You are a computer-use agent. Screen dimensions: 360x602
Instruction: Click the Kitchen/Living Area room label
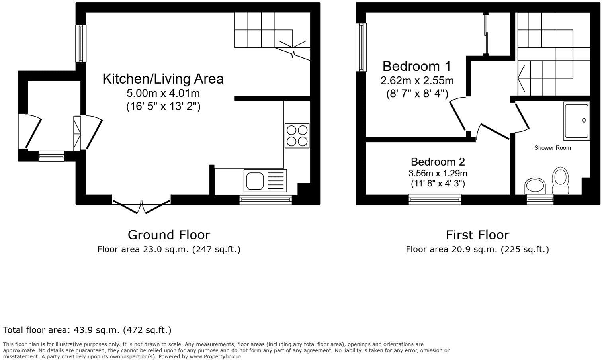tap(163, 79)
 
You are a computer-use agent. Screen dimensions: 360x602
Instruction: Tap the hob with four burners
tap(297, 136)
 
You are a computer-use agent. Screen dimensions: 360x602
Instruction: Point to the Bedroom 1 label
tap(417, 66)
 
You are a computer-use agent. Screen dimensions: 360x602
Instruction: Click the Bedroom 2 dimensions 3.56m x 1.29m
tap(438, 173)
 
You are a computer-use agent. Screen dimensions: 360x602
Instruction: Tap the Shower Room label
tap(552, 148)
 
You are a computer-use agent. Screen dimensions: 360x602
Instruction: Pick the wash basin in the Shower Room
tap(536, 186)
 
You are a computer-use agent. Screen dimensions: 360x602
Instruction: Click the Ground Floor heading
tap(169, 235)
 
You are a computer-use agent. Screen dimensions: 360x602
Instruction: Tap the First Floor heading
tap(477, 235)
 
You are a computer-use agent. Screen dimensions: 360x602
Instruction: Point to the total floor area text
tap(87, 330)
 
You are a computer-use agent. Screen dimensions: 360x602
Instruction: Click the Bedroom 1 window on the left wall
tap(361, 47)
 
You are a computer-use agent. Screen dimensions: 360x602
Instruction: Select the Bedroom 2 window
tap(435, 199)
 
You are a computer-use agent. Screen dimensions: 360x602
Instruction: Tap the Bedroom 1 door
tap(458, 114)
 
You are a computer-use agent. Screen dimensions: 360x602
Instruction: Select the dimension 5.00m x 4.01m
tap(163, 94)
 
